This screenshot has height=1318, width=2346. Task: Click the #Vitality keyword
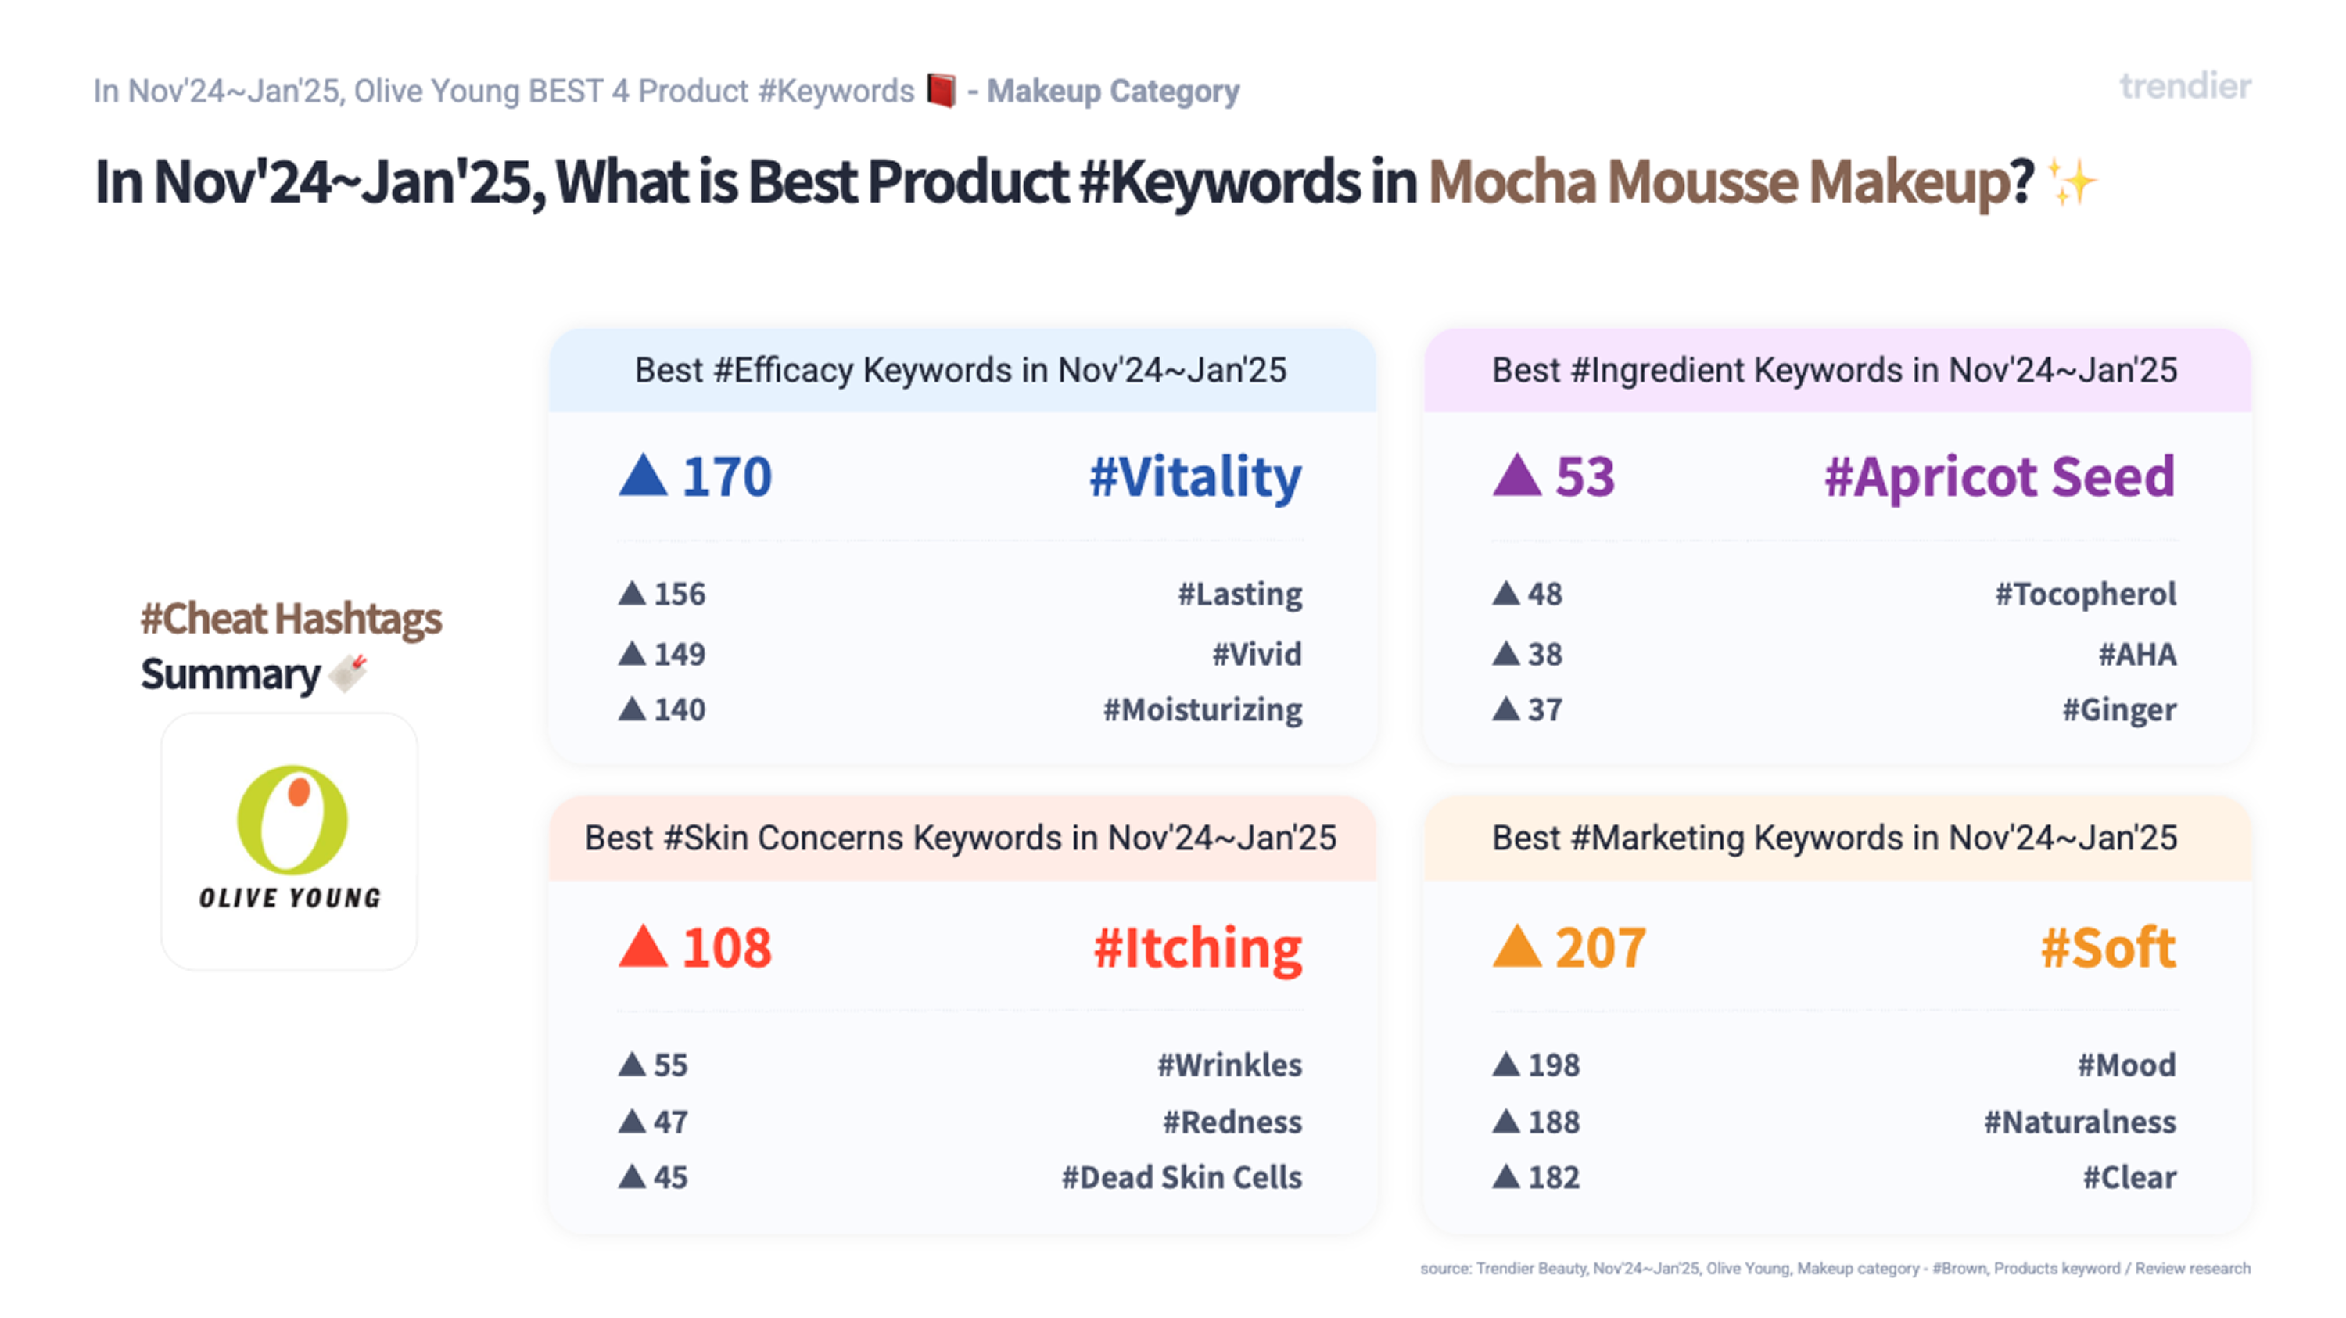click(1195, 477)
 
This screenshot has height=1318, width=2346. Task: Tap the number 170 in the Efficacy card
click(726, 477)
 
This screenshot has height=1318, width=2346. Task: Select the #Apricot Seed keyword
click(1999, 477)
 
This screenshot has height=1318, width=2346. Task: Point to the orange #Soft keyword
click(2107, 948)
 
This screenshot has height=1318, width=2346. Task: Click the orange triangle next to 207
click(1516, 947)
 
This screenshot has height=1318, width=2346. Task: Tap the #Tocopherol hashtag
click(2085, 594)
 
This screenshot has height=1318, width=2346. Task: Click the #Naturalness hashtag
click(2079, 1122)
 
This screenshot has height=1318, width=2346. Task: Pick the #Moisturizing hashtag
click(1202, 710)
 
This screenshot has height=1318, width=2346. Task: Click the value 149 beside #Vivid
click(680, 655)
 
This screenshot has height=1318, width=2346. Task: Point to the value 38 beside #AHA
click(1544, 655)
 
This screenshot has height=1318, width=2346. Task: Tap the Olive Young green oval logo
click(292, 820)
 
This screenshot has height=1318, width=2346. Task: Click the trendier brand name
click(2185, 88)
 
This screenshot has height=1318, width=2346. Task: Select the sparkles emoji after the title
click(2072, 182)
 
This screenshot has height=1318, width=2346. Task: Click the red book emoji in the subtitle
click(942, 91)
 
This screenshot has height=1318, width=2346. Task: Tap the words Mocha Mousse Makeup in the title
click(1730, 182)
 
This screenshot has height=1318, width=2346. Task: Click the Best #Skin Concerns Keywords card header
click(961, 838)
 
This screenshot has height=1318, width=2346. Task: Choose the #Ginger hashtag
click(2118, 710)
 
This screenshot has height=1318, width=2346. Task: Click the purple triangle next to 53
click(1516, 476)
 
